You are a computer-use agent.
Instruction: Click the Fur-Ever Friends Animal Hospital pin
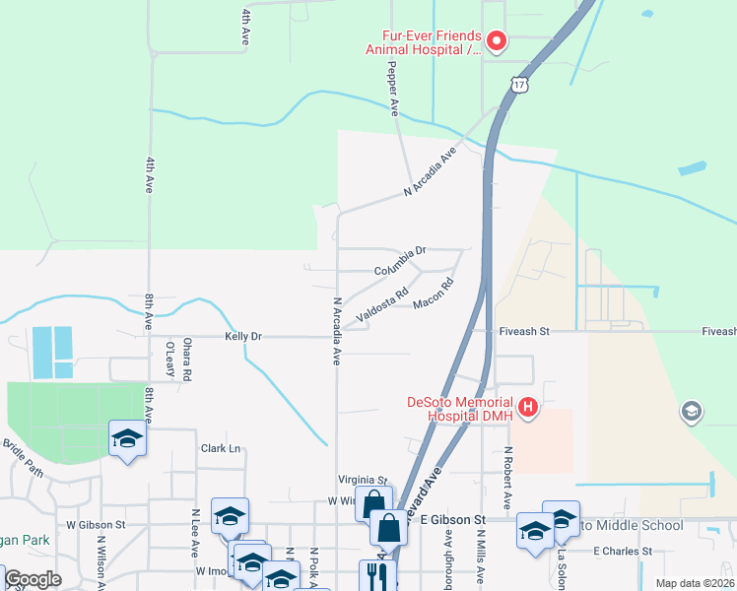496,40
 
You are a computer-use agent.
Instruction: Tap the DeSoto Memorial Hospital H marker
528,406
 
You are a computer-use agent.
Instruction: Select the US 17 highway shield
520,84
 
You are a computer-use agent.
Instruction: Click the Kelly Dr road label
242,337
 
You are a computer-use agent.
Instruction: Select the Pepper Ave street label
393,87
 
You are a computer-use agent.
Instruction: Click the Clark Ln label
221,448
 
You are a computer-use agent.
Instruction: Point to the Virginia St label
363,480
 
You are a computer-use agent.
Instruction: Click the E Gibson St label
453,519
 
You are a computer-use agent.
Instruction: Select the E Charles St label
623,551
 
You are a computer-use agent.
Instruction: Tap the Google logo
33,579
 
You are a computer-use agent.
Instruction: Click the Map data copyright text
694,583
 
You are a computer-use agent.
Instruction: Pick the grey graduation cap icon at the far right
692,413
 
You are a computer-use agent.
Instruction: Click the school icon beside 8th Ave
127,438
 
